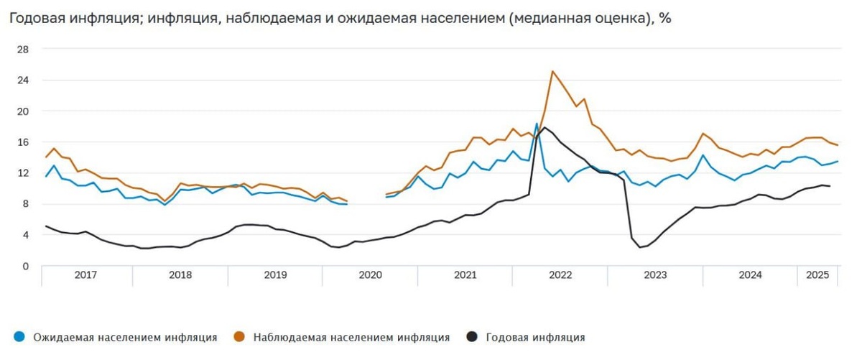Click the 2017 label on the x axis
(x=85, y=275)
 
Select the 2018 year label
(x=180, y=275)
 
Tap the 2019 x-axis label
(x=275, y=275)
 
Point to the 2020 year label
(x=370, y=275)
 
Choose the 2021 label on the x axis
(x=465, y=275)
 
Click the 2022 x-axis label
(x=560, y=275)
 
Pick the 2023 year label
(x=655, y=275)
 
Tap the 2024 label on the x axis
(x=750, y=275)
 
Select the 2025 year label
(x=818, y=275)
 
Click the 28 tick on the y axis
(x=23, y=50)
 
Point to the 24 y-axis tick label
(x=23, y=80)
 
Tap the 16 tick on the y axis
(x=23, y=142)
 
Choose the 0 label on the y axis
(x=26, y=266)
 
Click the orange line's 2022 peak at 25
(x=552, y=71)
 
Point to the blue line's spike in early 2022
(x=537, y=124)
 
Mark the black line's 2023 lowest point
(x=639, y=247)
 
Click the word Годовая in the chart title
(x=37, y=19)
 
